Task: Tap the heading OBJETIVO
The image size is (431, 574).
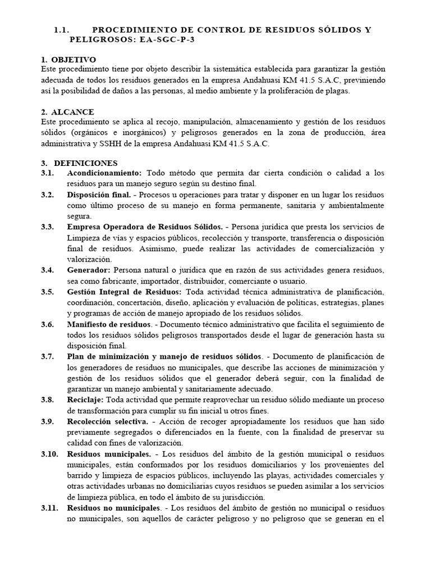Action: [x=74, y=59]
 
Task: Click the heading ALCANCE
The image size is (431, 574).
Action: [x=72, y=112]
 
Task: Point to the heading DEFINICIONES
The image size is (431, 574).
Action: [x=85, y=163]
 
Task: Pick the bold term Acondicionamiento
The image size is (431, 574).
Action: [x=104, y=173]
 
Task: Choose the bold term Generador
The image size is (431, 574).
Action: [x=89, y=270]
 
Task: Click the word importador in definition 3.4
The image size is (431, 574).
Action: [x=152, y=280]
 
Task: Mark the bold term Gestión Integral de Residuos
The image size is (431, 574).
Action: [x=124, y=292]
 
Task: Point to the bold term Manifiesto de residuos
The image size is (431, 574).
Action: [x=109, y=324]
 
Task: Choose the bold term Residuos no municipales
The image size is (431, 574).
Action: [x=113, y=507]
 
